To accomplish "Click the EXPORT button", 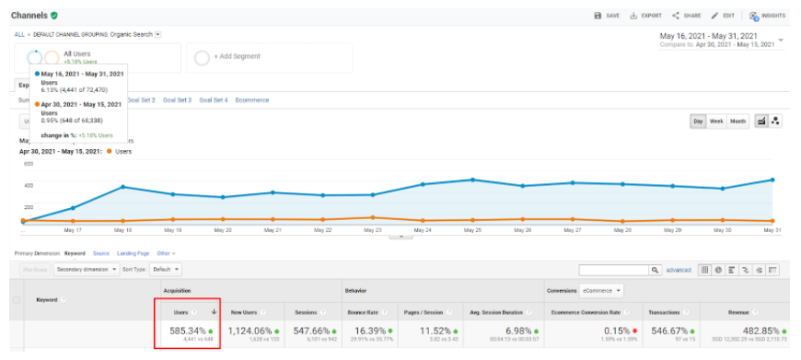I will tap(646, 16).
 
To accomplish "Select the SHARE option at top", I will tap(687, 16).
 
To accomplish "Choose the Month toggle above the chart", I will tap(738, 122).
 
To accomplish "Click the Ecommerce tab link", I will tap(251, 99).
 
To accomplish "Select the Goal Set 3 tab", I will tap(177, 99).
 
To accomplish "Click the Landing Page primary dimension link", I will tap(133, 253).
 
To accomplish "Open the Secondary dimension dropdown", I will tap(87, 270).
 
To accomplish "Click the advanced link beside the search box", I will tap(678, 270).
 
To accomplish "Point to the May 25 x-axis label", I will tap(470, 230).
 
